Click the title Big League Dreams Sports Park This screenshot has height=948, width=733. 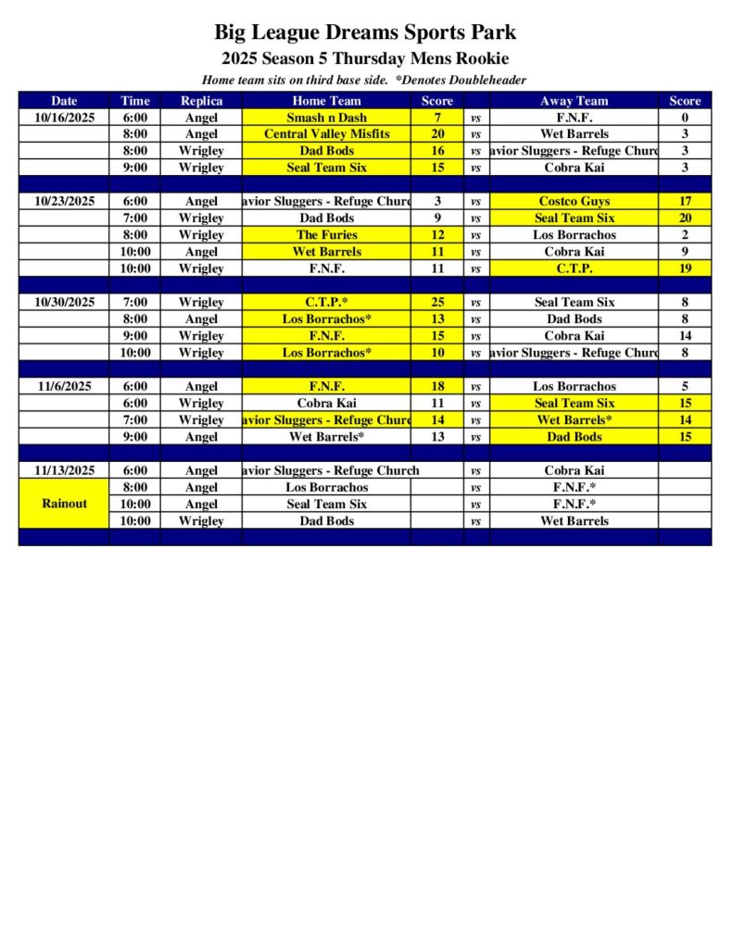click(365, 33)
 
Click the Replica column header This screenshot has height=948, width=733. click(201, 101)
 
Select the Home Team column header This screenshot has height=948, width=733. click(326, 101)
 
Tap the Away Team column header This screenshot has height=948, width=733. click(574, 101)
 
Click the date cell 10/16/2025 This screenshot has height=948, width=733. click(64, 118)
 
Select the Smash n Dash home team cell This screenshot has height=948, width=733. click(326, 118)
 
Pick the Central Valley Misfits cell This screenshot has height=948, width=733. click(326, 134)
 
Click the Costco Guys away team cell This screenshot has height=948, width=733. click(574, 201)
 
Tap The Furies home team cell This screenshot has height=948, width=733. click(326, 235)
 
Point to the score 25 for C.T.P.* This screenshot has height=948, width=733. click(437, 302)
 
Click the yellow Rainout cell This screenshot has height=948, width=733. click(64, 504)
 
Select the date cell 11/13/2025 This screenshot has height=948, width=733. click(64, 470)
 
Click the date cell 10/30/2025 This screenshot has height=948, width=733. click(64, 302)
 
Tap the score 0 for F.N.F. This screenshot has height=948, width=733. click(685, 118)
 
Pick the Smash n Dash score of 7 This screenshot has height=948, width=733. click(437, 118)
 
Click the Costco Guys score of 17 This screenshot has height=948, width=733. click(685, 201)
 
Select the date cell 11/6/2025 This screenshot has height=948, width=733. click(64, 386)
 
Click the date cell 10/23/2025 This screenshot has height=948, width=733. click(64, 201)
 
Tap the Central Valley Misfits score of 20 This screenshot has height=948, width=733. click(437, 134)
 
